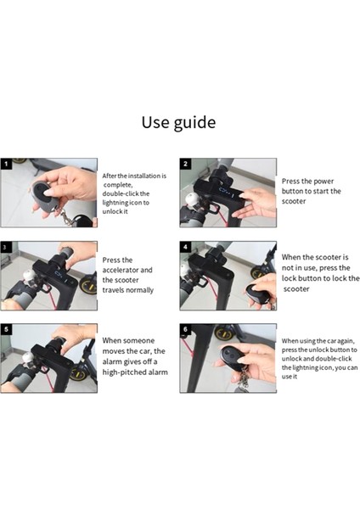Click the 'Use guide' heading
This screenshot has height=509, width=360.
178,122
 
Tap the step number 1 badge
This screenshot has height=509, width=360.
6,164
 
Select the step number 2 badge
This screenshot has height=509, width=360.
185,164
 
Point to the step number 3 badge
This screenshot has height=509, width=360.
5,247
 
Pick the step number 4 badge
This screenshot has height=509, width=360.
185,247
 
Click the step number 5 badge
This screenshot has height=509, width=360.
6,329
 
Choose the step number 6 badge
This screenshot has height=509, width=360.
185,329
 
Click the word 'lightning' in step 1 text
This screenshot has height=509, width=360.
115,203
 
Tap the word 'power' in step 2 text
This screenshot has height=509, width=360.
324,182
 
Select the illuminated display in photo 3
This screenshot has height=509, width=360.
61,276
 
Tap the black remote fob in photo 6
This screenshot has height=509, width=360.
233,358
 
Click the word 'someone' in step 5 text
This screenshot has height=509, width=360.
138,340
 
